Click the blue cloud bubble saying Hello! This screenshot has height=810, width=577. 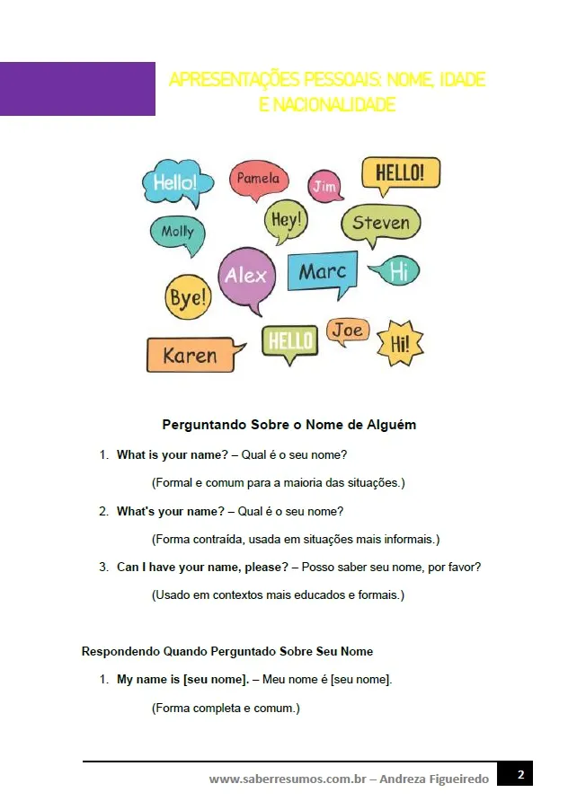177,183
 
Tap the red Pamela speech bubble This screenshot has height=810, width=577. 258,180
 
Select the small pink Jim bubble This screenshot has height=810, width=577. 324,186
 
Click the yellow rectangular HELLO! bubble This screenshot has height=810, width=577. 400,172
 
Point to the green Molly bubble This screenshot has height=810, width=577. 177,233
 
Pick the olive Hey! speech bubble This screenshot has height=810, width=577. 286,219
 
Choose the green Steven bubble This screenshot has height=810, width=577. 380,224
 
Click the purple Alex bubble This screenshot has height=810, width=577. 246,276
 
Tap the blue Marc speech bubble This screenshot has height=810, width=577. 322,272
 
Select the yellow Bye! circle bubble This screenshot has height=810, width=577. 188,298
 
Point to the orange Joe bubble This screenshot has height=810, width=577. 347,330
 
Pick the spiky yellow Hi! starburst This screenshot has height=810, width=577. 399,343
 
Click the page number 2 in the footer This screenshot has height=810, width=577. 519,774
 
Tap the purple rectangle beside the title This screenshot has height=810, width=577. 77,89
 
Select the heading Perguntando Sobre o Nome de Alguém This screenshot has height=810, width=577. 288,425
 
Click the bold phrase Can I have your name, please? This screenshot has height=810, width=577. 202,568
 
